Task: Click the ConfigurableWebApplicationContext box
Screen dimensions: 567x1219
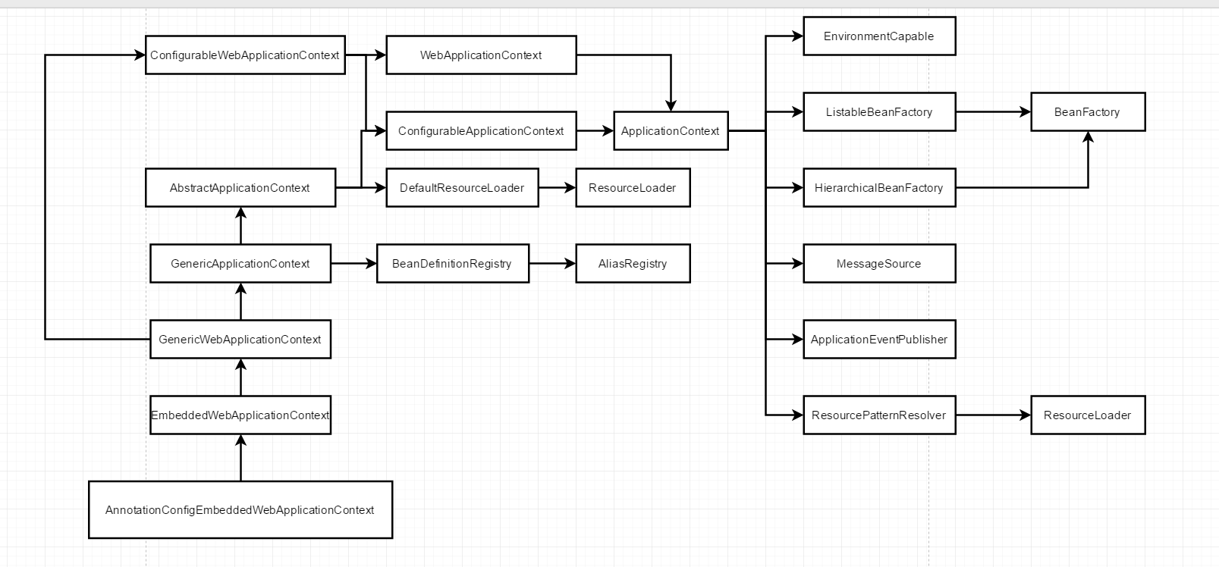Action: click(245, 55)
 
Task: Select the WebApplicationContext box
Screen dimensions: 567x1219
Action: click(481, 55)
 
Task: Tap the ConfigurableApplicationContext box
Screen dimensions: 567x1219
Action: click(481, 131)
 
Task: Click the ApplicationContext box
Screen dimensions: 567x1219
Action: click(671, 131)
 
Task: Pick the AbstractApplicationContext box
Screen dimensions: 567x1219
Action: click(240, 188)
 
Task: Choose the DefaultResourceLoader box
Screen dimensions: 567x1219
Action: click(462, 188)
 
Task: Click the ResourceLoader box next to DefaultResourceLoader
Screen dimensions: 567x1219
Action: click(633, 188)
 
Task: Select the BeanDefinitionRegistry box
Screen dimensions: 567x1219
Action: click(452, 264)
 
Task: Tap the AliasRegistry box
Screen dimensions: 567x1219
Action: click(633, 264)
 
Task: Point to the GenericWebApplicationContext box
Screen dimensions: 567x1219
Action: click(240, 340)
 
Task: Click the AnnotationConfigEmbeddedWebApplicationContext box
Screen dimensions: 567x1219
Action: click(240, 510)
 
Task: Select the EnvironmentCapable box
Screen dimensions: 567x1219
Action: click(879, 36)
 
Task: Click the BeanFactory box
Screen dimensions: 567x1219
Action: click(1087, 112)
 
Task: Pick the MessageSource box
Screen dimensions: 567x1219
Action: click(879, 264)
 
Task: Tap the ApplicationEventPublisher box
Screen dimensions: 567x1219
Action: click(879, 340)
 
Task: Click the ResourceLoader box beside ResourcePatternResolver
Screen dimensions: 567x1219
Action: click(1087, 415)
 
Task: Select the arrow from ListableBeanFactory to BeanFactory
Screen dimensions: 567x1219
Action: click(993, 112)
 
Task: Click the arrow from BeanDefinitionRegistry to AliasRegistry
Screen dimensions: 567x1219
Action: click(552, 264)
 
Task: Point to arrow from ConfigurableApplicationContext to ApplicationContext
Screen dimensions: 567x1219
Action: click(595, 131)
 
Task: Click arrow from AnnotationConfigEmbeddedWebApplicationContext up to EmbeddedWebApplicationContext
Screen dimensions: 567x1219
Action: click(241, 458)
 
